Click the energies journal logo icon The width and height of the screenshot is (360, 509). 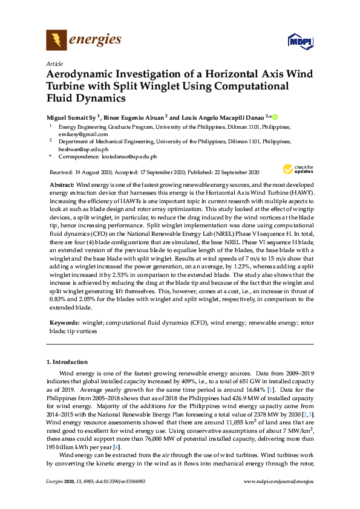click(57, 41)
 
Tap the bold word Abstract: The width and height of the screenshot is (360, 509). click(62, 183)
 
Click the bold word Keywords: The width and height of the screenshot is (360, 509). click(64, 324)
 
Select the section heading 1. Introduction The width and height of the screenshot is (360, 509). click(68, 362)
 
